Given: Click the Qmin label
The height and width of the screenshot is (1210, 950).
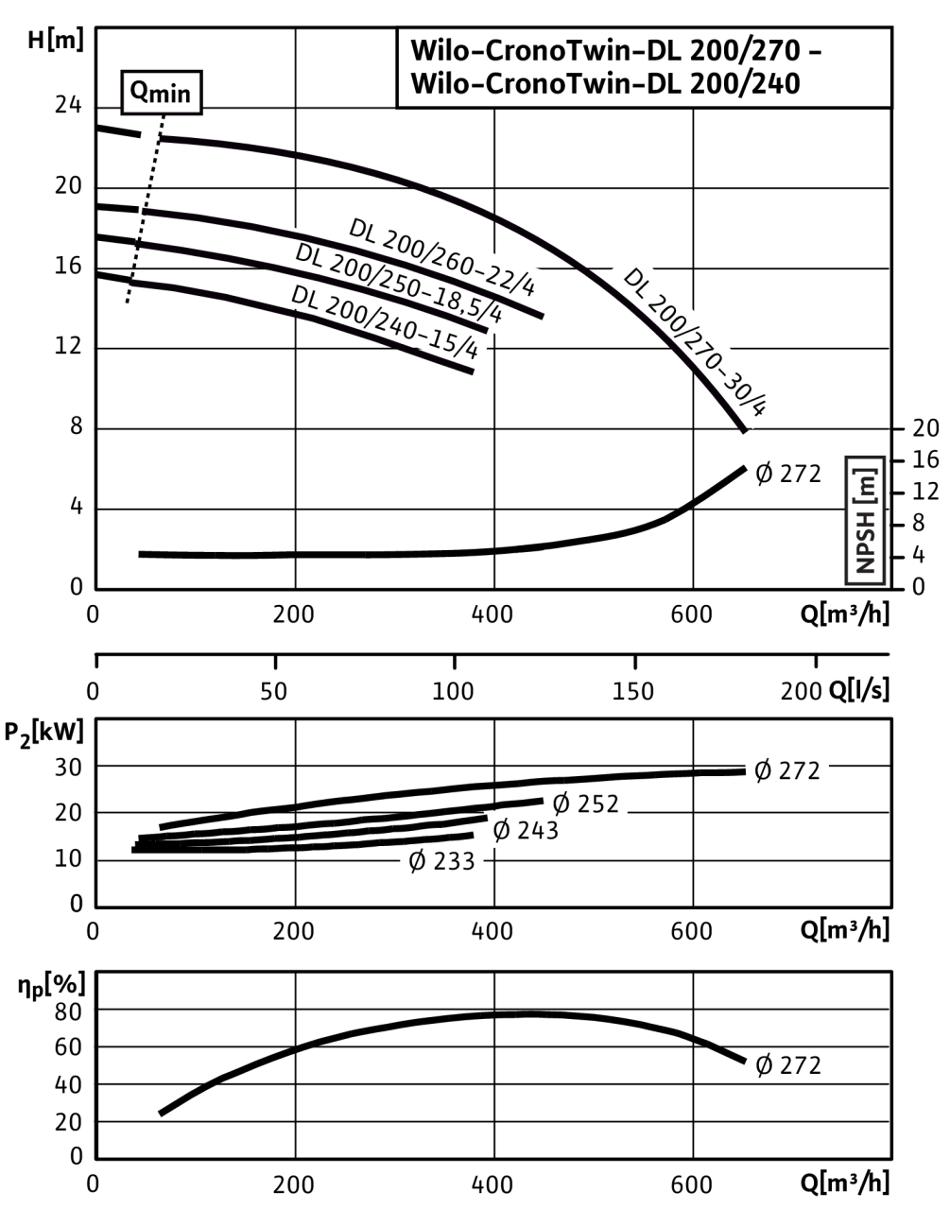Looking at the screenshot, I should click(162, 94).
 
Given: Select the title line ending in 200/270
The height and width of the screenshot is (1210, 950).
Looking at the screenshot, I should click(615, 52).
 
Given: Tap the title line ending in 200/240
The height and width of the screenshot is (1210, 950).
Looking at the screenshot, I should click(606, 83).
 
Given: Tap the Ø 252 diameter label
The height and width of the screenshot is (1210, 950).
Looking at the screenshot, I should click(585, 804).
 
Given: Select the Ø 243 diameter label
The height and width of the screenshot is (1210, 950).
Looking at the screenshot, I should click(526, 831).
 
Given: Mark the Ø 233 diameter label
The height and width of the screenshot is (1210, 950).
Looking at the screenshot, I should click(441, 862).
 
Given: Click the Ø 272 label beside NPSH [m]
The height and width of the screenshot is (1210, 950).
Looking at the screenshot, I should click(787, 474).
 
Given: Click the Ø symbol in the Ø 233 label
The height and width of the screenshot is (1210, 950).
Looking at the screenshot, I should click(417, 862).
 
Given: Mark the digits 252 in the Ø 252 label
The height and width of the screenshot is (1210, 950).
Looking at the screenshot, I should click(597, 804).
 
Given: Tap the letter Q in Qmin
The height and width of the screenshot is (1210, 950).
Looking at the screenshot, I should click(139, 92).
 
